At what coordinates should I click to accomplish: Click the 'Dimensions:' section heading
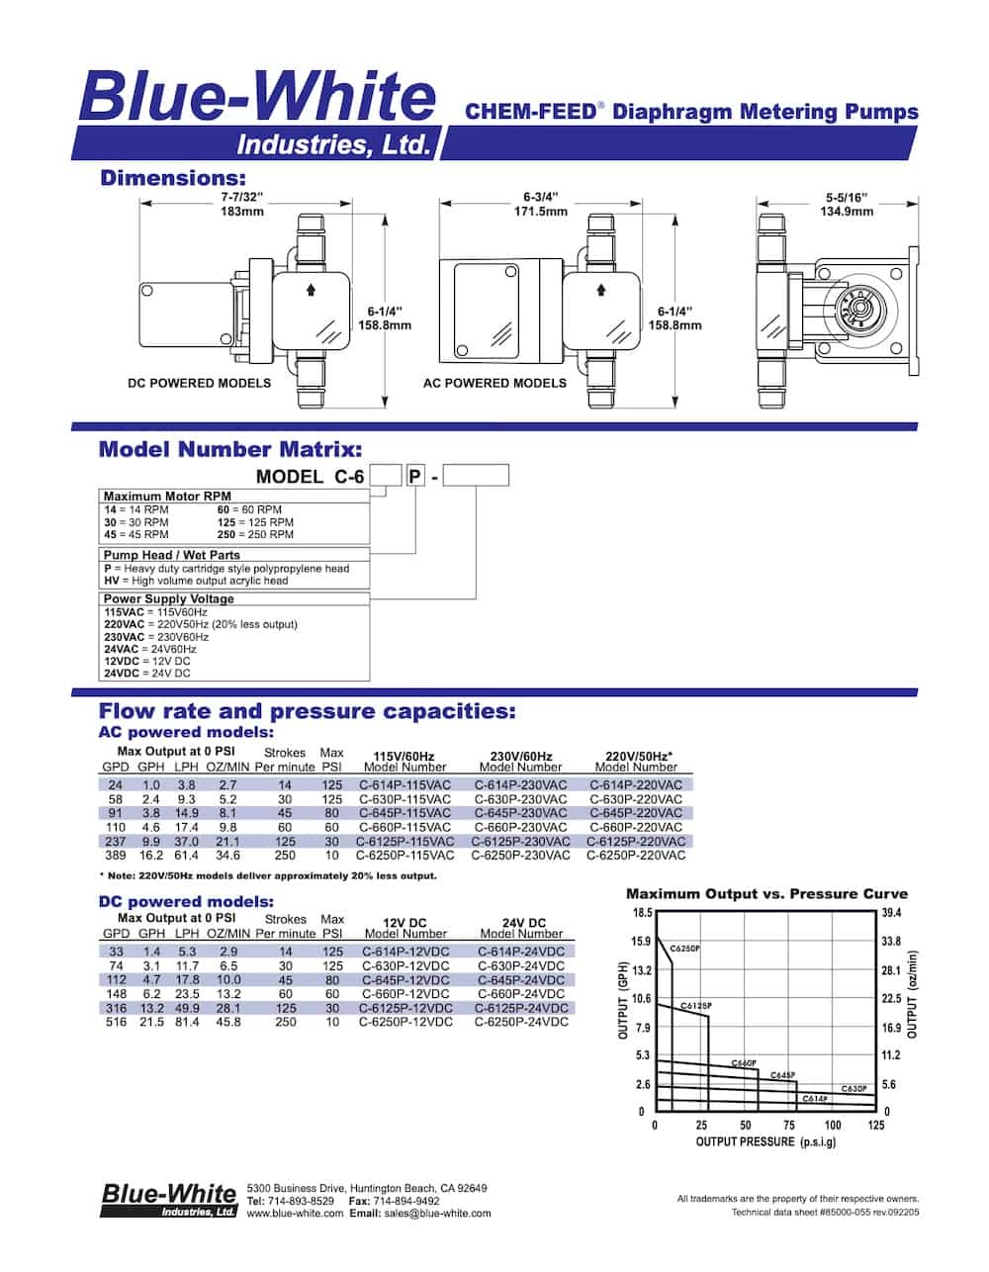pos(172,179)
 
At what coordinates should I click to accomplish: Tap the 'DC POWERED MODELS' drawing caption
pos(199,383)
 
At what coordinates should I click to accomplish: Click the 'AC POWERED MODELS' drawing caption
pos(494,383)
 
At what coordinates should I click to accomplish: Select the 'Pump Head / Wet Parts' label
pos(172,555)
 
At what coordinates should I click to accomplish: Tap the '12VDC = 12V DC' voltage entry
pos(147,661)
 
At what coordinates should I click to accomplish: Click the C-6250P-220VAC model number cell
pos(636,856)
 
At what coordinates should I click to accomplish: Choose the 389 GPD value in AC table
pos(116,856)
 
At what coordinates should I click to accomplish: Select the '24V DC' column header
pos(522,923)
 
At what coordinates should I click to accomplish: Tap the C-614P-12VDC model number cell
pos(405,952)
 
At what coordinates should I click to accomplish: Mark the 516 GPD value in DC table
pos(116,1023)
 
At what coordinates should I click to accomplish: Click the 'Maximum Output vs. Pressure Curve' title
pos(766,893)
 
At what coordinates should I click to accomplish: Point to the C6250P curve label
pos(684,949)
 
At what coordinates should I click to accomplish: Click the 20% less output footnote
pos(268,875)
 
